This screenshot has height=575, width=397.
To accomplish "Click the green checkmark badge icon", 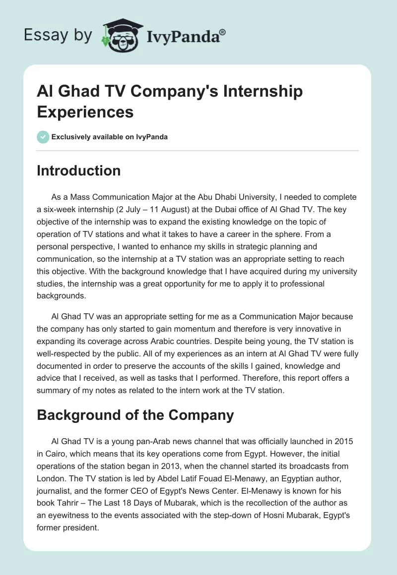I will [x=43, y=137].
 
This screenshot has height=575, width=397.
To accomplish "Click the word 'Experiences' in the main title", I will [x=85, y=112].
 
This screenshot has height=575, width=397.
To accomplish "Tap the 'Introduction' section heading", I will [x=79, y=171].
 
